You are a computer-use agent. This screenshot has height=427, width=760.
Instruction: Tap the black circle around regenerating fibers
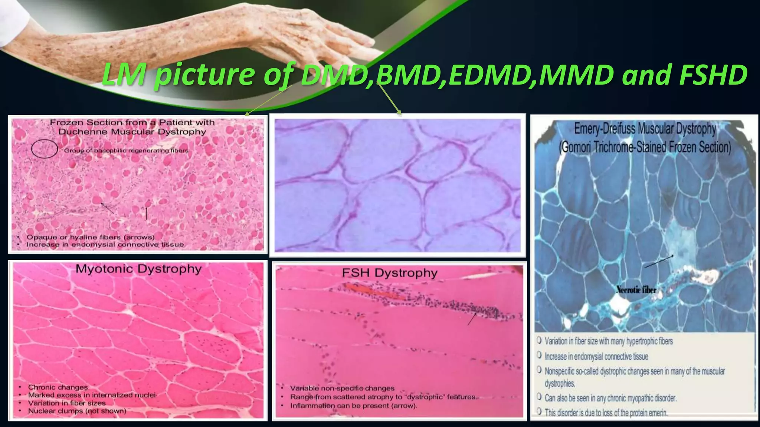coord(44,149)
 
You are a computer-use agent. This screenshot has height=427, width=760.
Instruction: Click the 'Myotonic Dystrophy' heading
coord(138,269)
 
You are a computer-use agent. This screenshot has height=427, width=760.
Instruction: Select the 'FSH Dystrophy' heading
coord(389,273)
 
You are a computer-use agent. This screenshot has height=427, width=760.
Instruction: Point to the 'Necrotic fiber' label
coord(636,290)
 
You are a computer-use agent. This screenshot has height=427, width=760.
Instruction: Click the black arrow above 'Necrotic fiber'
coord(659,261)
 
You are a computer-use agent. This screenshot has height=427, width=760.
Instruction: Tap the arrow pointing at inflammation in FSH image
coord(472,319)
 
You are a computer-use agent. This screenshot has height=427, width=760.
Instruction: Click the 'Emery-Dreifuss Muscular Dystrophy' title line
coord(645,129)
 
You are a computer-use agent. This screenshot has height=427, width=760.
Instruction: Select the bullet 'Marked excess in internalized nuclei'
coord(92,395)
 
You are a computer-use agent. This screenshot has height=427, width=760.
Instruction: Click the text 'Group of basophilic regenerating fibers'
coord(126,150)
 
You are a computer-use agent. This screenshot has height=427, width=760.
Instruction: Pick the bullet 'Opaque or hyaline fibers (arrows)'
coord(90,237)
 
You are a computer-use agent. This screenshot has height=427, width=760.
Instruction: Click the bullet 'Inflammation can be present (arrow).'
coord(353,406)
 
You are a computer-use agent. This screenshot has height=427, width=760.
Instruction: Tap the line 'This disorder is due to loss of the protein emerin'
coord(606,413)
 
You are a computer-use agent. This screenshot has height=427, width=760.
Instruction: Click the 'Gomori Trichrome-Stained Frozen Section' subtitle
coord(645,147)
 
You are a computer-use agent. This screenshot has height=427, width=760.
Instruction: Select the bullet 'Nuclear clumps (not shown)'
coord(77,411)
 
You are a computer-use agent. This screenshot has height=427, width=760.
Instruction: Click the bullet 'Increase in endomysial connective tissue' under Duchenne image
coord(105,245)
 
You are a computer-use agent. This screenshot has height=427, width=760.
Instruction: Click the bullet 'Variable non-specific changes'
coord(342,388)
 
